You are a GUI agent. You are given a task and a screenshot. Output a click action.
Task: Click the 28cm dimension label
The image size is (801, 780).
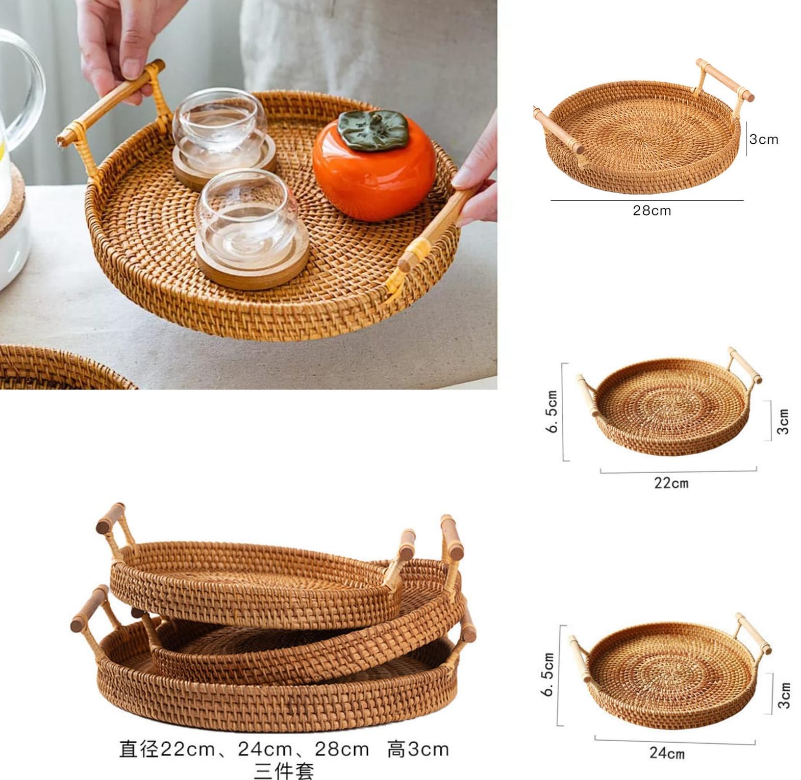click(x=652, y=211)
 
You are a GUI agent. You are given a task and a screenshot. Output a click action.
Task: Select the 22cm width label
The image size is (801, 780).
click(x=671, y=483)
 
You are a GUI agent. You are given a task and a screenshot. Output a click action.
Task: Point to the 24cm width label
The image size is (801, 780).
click(x=667, y=752)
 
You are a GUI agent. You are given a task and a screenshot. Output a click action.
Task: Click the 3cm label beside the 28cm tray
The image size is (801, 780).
click(x=763, y=139)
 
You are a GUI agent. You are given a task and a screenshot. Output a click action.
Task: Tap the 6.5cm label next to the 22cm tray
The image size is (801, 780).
click(x=552, y=412)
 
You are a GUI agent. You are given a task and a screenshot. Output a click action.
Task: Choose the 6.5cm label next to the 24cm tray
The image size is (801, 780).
click(x=547, y=674)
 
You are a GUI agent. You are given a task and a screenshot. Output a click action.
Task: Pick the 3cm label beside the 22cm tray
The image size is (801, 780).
click(x=783, y=421)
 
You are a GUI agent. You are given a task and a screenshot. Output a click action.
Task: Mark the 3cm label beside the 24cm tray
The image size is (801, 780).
click(x=784, y=695)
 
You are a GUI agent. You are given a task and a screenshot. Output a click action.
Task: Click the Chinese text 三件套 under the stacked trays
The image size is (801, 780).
click(x=284, y=770)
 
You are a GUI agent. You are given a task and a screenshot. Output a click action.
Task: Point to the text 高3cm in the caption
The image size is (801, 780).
click(x=418, y=749)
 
